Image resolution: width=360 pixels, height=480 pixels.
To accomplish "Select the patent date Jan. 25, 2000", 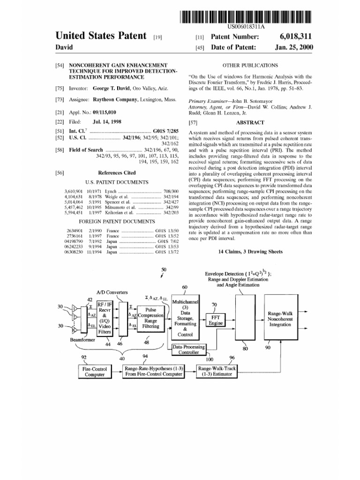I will [294, 47].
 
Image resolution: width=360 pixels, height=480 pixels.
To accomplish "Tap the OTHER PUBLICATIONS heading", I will [250, 65].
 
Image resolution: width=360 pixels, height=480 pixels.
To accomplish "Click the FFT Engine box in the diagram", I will [216, 321].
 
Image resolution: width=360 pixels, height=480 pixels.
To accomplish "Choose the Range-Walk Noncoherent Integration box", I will [280, 319].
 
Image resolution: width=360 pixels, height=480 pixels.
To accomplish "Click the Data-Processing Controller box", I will [189, 349].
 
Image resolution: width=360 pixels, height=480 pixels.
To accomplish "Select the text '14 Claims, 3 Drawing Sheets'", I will [250, 252].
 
